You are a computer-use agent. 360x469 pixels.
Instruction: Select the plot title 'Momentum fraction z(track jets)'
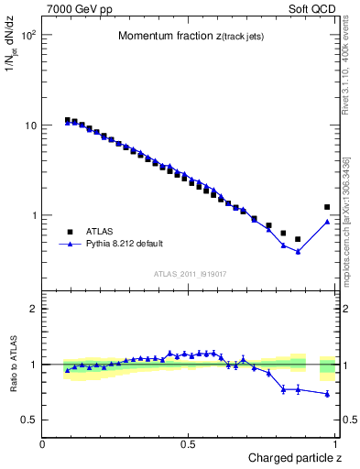[x=190, y=36]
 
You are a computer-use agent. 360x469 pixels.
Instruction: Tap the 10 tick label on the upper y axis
[x=30, y=125]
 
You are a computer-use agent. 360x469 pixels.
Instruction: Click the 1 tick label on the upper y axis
[x=33, y=216]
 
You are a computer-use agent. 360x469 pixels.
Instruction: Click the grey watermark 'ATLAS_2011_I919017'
[x=190, y=273]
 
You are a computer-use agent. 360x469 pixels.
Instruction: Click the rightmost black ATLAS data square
[x=327, y=207]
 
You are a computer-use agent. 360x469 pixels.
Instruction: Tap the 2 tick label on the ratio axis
[x=33, y=309]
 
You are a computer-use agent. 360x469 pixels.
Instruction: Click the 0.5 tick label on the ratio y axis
[x=30, y=420]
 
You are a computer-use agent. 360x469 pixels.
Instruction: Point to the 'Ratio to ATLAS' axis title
[x=15, y=364]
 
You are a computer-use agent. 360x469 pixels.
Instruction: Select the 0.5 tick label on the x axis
[x=188, y=444]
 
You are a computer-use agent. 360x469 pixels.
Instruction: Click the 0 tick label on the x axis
[x=43, y=444]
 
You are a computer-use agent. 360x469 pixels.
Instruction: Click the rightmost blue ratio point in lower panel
[x=327, y=394]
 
